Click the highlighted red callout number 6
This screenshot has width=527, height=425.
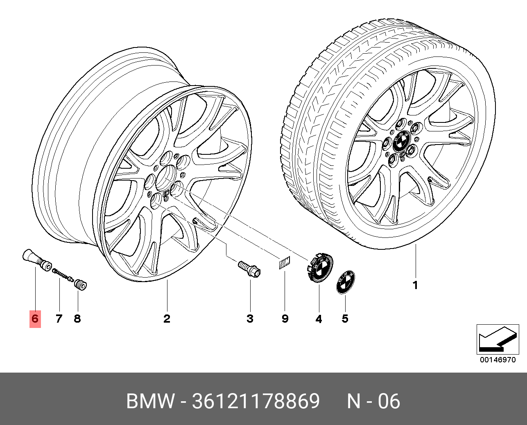point(35,318)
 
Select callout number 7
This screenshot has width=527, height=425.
point(59,318)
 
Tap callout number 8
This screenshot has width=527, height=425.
point(77,318)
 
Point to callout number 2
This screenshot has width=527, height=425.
point(167,318)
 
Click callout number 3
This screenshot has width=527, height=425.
point(250,318)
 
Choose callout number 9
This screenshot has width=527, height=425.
point(285,318)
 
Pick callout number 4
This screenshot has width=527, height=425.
point(319,318)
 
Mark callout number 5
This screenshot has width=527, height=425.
point(345,318)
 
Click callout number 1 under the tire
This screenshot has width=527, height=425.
point(415,285)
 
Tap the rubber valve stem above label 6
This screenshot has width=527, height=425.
point(33,259)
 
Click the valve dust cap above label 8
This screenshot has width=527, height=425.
point(80,284)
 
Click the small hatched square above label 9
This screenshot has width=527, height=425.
point(284,262)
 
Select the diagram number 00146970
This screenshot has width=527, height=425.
point(498,360)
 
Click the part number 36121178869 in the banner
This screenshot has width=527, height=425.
point(256,402)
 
